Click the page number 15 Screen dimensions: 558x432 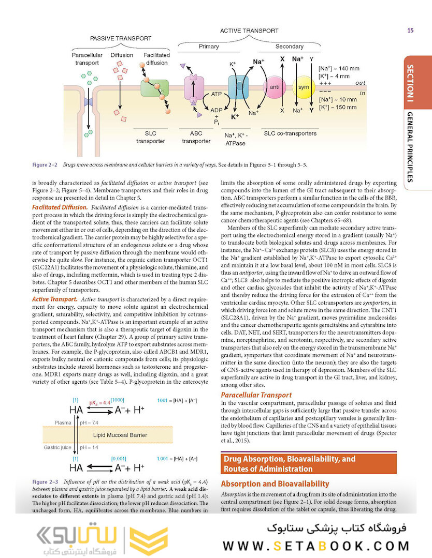[x=410, y=30]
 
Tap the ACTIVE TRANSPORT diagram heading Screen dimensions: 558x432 [x=249, y=31]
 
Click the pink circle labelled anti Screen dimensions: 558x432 [x=275, y=87]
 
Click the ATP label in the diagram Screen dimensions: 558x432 [x=217, y=95]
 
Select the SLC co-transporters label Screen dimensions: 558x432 [x=290, y=133]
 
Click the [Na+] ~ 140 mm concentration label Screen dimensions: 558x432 [x=339, y=68]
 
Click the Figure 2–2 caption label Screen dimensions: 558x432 [x=45, y=165]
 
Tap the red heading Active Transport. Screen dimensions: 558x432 [x=54, y=299]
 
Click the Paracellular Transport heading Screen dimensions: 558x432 [x=255, y=395]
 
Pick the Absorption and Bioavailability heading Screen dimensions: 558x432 [x=275, y=484]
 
